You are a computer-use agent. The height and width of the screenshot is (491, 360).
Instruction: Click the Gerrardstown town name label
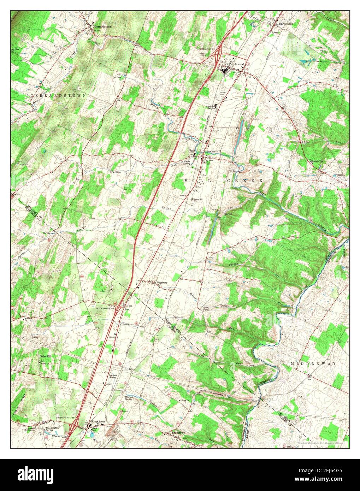click(102, 26)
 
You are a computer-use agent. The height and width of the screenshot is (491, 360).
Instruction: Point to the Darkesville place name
click(286, 24)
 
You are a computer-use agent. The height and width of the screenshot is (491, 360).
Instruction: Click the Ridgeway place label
click(162, 283)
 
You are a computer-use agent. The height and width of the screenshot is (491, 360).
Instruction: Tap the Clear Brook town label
click(99, 421)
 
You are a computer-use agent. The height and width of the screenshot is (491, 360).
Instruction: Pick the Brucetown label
click(178, 432)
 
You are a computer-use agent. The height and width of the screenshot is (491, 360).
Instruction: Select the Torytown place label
click(114, 172)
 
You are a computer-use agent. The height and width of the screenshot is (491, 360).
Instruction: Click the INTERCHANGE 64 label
click(105, 308)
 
